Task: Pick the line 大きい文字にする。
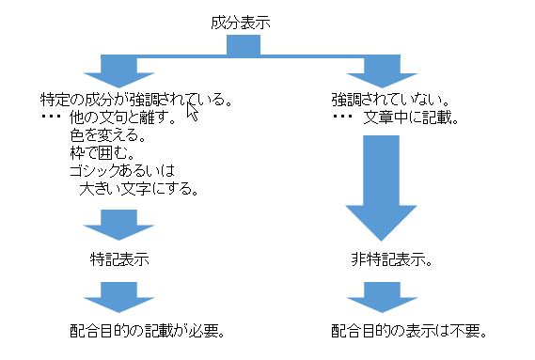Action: pyautogui.click(x=139, y=189)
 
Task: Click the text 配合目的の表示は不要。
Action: pyautogui.click(x=407, y=331)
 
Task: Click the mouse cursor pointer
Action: pyautogui.click(x=192, y=112)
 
